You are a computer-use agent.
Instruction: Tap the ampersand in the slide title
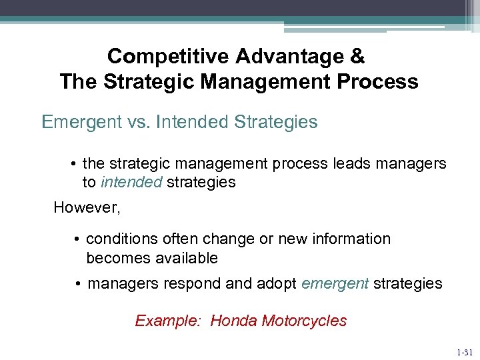pyautogui.click(x=357, y=56)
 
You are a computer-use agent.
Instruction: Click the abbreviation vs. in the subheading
pyautogui.click(x=140, y=123)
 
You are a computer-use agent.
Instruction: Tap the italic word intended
pyautogui.click(x=131, y=182)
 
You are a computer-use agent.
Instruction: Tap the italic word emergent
pyautogui.click(x=335, y=283)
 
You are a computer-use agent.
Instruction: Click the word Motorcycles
pyautogui.click(x=304, y=321)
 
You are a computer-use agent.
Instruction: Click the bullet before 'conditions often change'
pyautogui.click(x=78, y=239)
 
